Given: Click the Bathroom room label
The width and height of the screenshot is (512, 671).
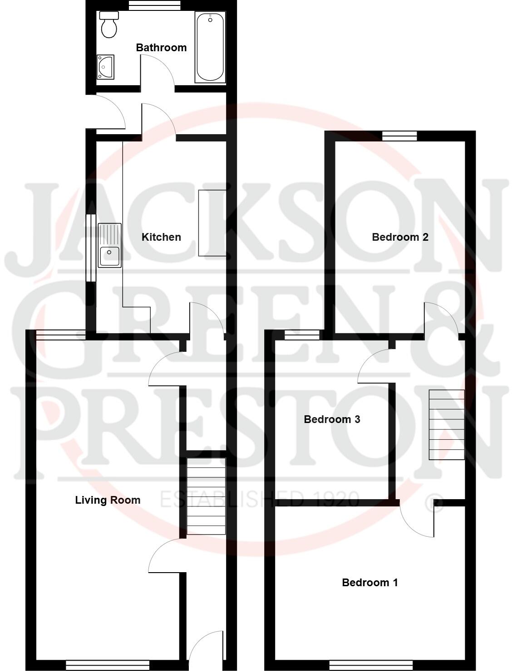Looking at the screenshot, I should point(161,48).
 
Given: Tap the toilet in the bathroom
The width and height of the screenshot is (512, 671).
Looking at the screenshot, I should point(109,25).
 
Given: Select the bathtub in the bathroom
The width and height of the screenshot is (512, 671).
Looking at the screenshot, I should point(210,47).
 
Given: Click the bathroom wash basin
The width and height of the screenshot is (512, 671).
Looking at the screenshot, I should point(105,67).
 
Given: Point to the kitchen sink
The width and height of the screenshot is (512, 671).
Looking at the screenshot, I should point(109,245).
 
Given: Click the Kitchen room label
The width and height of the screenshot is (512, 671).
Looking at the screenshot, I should point(161,237).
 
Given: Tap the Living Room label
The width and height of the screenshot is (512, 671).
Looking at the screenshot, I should point(108,500).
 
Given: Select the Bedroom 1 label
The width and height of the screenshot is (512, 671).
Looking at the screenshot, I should point(370,583).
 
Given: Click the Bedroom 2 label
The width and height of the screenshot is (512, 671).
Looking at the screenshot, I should point(400,237).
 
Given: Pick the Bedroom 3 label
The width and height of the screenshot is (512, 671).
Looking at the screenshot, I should point(332,419).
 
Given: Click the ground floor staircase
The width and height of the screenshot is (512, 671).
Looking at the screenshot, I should point(206,496).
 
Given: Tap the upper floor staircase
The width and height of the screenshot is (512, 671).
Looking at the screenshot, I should point(447,424).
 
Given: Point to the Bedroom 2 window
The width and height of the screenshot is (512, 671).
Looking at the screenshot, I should point(399,136).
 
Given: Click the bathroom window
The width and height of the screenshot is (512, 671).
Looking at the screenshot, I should point(154,5).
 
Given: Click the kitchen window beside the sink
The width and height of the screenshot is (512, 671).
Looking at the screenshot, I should point(91,248).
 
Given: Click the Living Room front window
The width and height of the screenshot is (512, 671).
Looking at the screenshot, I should point(108,665).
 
